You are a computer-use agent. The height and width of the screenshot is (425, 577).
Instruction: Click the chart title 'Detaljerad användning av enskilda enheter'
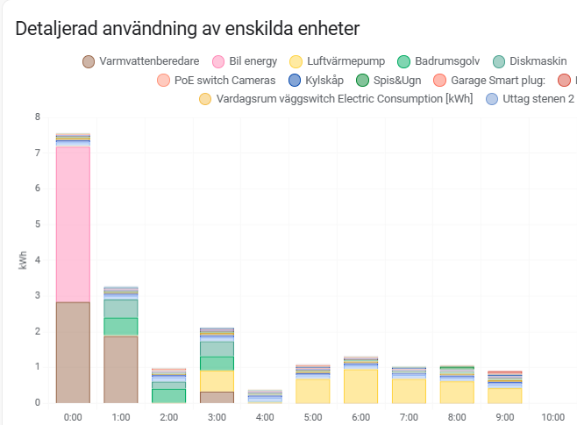[x=188, y=29]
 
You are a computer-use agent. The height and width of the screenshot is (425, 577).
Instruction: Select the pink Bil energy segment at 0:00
[x=73, y=223]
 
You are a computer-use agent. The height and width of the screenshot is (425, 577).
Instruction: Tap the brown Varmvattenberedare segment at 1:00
[x=121, y=369]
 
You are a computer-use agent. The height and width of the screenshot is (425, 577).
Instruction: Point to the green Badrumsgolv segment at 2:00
[x=168, y=395]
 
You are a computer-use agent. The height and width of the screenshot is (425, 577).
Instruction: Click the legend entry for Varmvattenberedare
[x=140, y=61]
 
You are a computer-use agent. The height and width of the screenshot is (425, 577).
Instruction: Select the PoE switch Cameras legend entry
[x=215, y=81]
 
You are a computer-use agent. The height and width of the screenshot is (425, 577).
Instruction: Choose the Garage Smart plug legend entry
[x=489, y=81]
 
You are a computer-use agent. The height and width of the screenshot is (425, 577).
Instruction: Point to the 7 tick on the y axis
[x=38, y=152]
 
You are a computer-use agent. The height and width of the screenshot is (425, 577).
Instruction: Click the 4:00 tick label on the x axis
[x=265, y=416]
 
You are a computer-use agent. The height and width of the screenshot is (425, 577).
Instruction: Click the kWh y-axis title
[x=23, y=260]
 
